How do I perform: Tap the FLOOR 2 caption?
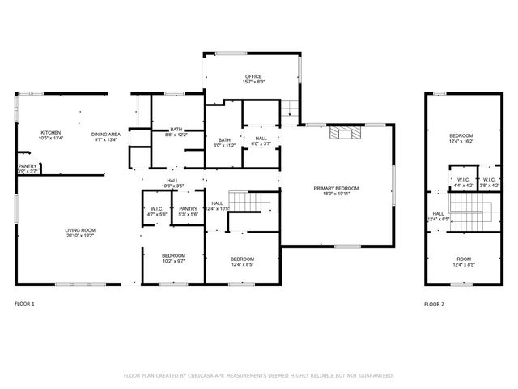point(434,304)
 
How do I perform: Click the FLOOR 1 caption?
point(25,304)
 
